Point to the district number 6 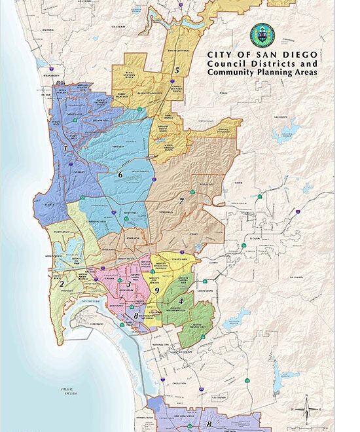120,175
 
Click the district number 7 181,201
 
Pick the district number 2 61,283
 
